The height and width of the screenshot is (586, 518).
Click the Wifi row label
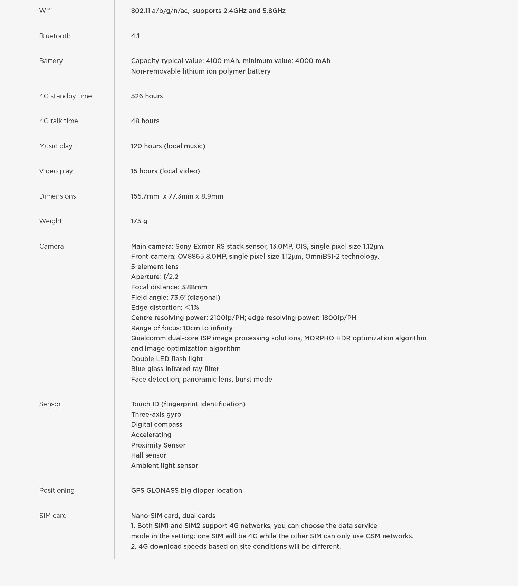coord(46,11)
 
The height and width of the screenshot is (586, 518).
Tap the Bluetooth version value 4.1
coord(135,36)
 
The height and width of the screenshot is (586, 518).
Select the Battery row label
coord(51,61)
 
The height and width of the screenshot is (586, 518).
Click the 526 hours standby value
coord(147,96)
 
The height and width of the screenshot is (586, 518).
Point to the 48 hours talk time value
coord(145,121)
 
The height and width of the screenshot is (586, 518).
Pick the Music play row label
coord(56,146)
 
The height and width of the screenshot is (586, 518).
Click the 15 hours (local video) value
coord(165,171)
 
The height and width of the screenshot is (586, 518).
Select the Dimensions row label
coord(57,196)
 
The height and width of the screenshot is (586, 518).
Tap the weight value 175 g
coord(139,221)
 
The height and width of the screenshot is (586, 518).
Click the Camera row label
coord(51,246)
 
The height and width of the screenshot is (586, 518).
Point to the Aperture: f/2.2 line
coord(154,277)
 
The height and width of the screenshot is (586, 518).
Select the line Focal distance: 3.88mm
coord(169,287)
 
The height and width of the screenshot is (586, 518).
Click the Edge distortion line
coord(165,307)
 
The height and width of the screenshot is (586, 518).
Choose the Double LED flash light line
coord(167,359)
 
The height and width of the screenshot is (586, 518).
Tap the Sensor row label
coord(50,404)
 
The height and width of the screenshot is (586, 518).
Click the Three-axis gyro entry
coord(156,414)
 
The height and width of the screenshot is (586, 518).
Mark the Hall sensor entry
coord(148,455)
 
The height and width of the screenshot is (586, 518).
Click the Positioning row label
coord(57,490)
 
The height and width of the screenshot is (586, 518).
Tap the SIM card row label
coord(53,516)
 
